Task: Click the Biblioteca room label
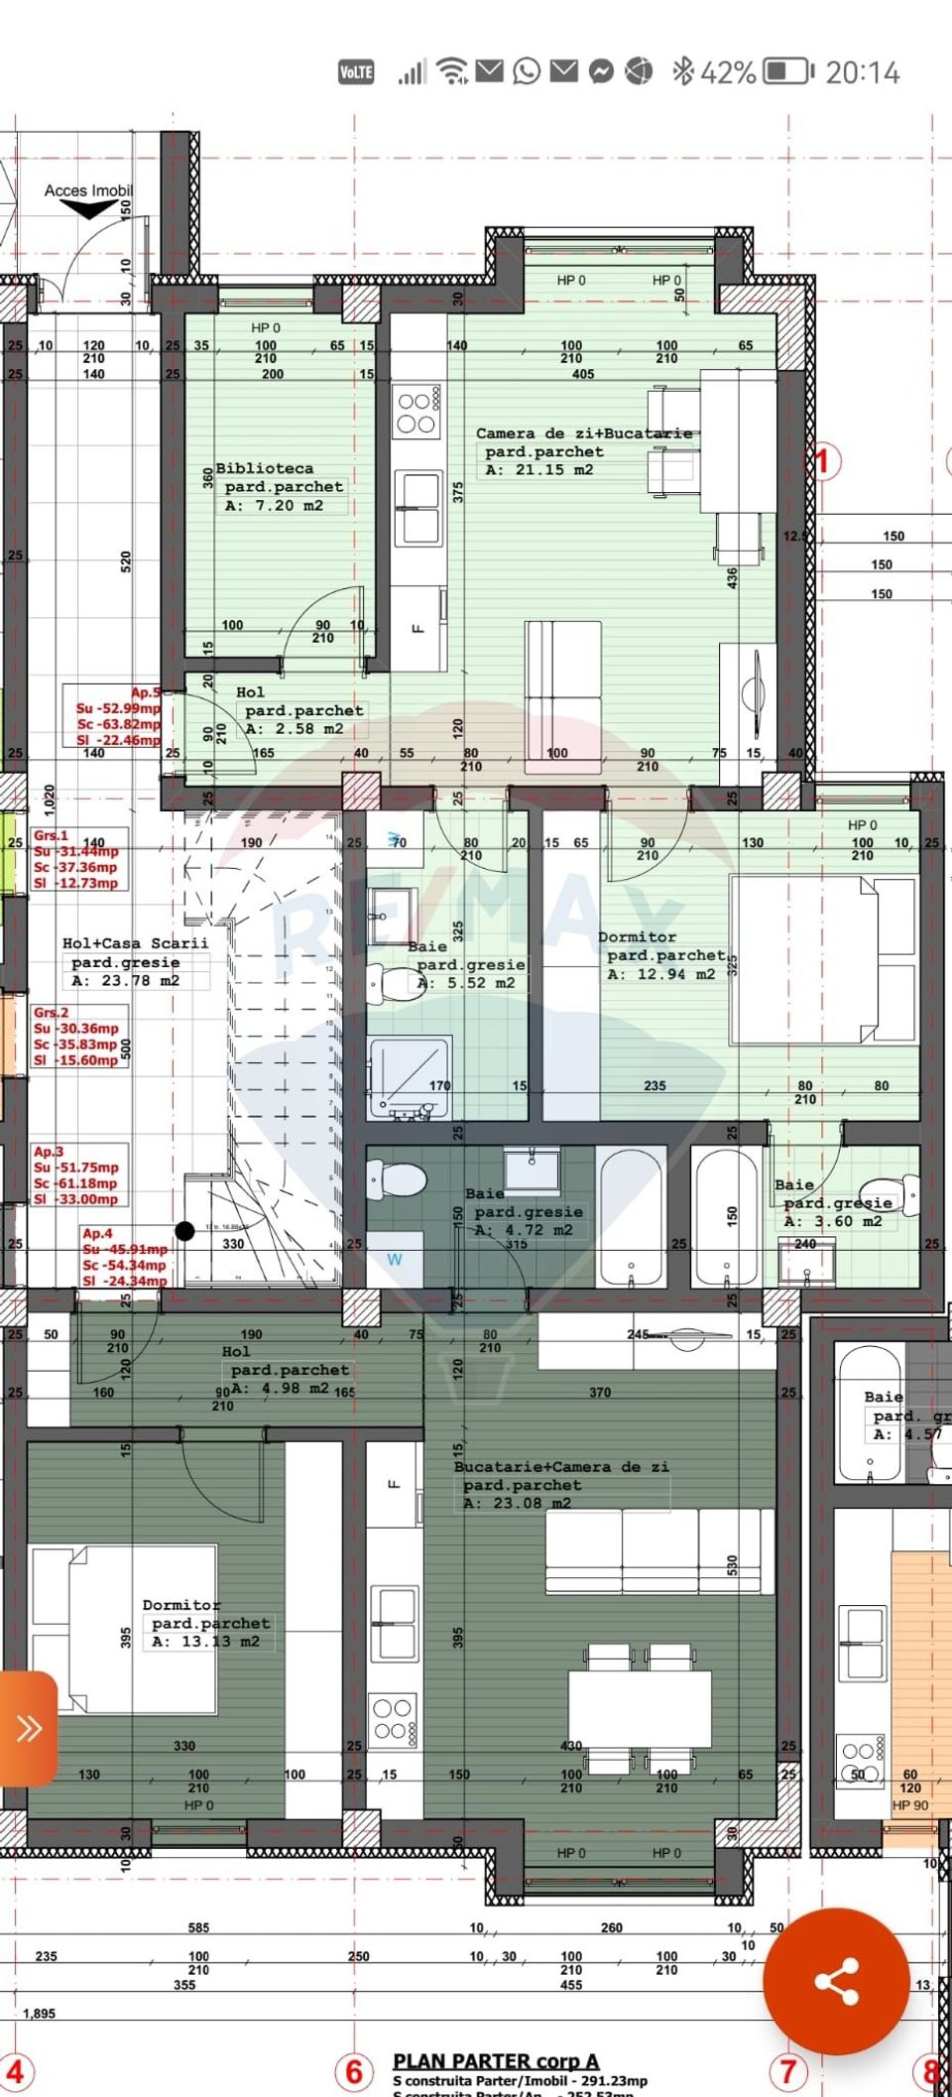coord(265,468)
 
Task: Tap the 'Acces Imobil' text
coord(88,190)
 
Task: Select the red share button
coord(836,1981)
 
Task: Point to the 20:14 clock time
coord(862,72)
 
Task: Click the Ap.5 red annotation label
coord(146,692)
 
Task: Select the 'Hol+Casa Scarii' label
coord(135,943)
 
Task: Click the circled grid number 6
coord(354,2071)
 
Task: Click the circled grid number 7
coord(787,2071)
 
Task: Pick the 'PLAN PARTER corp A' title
coord(496,2060)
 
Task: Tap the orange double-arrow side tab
coord(28,1728)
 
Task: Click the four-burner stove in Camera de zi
coord(416,413)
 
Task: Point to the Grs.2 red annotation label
coord(52,1013)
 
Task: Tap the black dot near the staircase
coord(184,1231)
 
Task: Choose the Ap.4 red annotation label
coord(98,1233)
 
